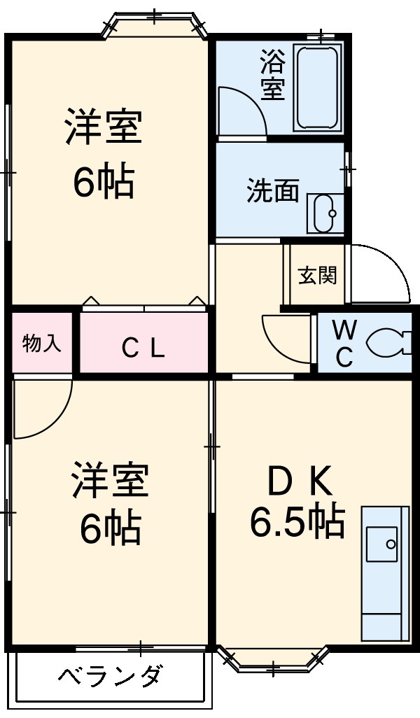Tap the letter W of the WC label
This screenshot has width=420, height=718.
coord(344,328)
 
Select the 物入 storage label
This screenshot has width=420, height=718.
coord(42,343)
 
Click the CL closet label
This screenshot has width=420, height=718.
coord(143,347)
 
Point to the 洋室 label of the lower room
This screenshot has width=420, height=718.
coord(109,481)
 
